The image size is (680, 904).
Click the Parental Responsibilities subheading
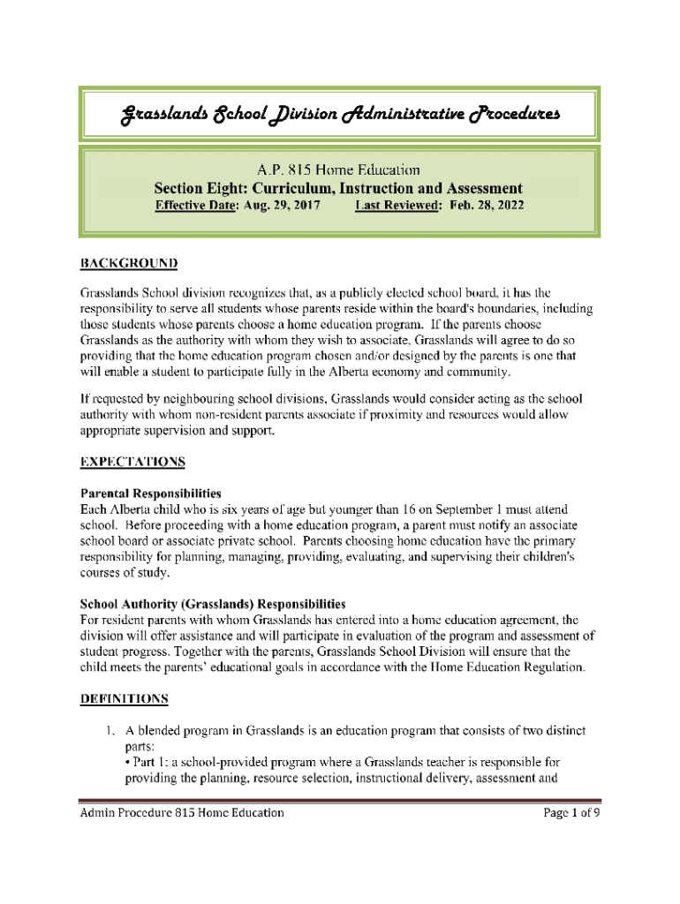(x=150, y=493)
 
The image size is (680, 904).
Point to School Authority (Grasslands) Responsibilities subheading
(x=213, y=605)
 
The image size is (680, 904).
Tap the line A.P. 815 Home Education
(x=339, y=169)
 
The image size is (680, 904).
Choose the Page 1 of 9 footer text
(x=570, y=813)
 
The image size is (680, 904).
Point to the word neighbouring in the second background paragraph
(x=201, y=398)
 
